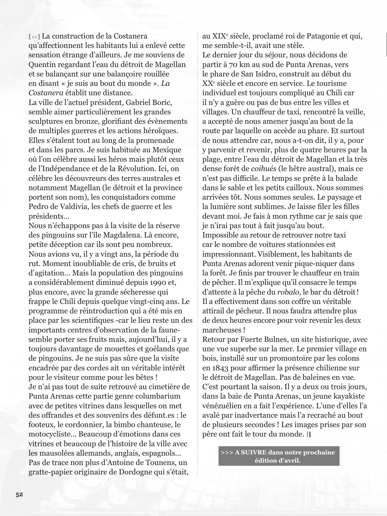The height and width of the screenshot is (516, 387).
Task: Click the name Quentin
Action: (41, 65)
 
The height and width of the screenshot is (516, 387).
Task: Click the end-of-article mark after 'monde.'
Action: (309, 434)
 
